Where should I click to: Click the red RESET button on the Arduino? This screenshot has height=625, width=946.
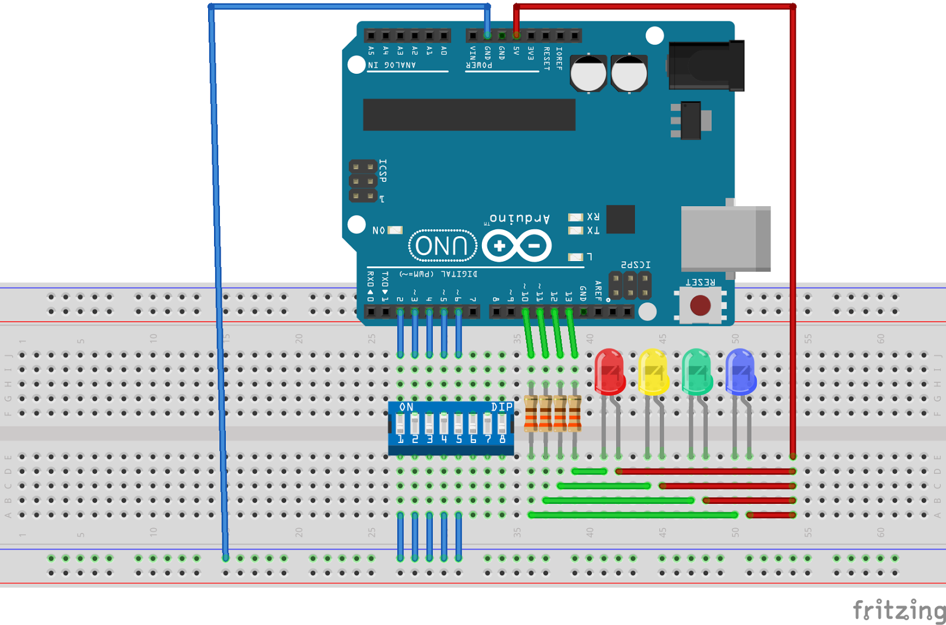(700, 305)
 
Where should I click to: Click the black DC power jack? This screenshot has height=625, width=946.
(706, 66)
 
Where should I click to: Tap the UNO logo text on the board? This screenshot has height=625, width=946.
(442, 246)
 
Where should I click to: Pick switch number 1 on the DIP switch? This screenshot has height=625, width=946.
(400, 424)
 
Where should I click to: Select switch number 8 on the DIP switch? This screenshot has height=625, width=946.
(502, 424)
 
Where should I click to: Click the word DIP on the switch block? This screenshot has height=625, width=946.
(501, 407)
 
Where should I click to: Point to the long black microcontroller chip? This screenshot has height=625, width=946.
(469, 115)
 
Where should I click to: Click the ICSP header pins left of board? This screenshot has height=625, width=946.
(362, 181)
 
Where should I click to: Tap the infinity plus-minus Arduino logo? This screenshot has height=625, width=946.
(517, 246)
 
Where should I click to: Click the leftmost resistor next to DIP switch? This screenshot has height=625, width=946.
(531, 414)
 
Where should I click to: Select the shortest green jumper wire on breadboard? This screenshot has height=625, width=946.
(589, 471)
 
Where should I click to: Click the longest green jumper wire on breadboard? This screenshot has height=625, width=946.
(633, 515)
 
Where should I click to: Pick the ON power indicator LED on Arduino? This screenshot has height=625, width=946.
(395, 230)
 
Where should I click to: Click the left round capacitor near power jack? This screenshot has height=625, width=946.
(588, 74)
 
